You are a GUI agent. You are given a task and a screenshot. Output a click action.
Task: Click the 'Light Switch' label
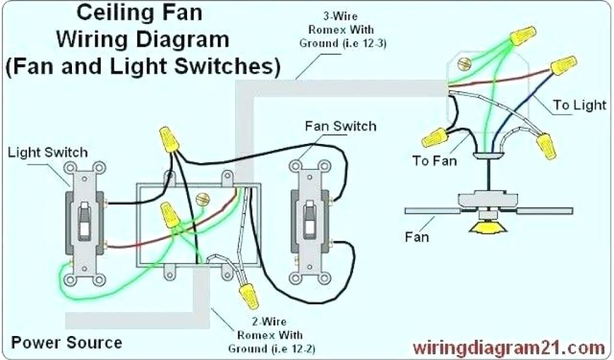coord(47,153)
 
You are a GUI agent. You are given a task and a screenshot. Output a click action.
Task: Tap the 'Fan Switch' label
coord(341,127)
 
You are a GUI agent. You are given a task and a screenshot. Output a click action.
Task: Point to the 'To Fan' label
coord(434,160)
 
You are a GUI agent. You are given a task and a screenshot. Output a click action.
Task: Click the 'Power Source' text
coord(67,343)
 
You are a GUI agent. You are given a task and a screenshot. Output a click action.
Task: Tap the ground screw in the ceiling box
coord(462,62)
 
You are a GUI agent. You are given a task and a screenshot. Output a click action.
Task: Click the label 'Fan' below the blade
coord(416,237)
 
